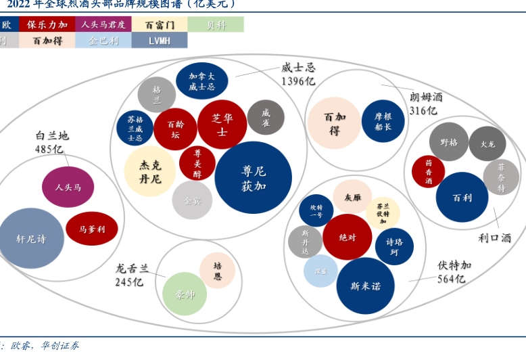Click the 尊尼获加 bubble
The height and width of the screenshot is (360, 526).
tap(253, 178)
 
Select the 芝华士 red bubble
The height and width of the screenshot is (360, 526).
tap(222, 124)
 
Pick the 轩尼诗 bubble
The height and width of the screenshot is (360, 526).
tap(30, 238)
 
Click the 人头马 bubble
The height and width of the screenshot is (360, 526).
tap(68, 187)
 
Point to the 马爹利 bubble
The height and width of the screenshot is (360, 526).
tap(92, 229)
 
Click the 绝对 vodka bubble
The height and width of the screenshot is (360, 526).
tap(347, 238)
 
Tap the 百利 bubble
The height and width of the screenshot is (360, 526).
tap(462, 198)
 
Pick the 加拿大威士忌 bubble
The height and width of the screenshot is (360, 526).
tap(201, 81)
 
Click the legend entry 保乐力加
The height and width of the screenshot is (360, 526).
tap(47, 24)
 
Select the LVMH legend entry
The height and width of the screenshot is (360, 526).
tap(159, 41)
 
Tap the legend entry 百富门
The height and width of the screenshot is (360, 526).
tap(159, 24)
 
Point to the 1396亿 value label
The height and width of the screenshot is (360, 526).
tap(298, 81)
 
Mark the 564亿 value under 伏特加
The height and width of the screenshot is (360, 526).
tap(451, 279)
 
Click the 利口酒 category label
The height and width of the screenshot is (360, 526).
tap(494, 238)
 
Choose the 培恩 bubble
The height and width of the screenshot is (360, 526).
tap(217, 271)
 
